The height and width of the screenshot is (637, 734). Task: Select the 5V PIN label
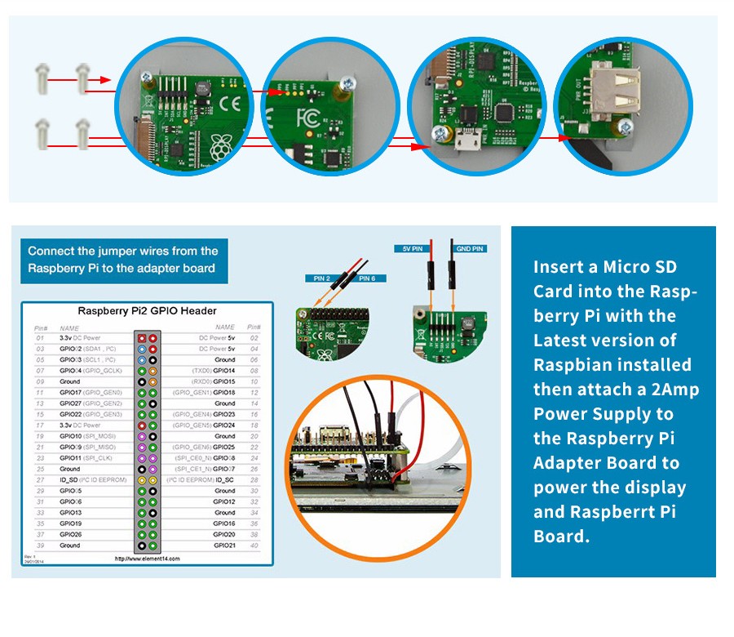(x=413, y=247)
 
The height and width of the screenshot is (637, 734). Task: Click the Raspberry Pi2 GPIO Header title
(x=147, y=310)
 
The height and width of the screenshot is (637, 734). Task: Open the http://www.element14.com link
(x=147, y=559)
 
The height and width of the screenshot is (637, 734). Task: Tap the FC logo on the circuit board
(x=311, y=114)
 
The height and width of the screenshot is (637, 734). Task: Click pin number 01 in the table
(x=39, y=337)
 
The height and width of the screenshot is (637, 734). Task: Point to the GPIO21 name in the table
(x=224, y=546)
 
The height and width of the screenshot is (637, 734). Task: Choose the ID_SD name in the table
(x=71, y=480)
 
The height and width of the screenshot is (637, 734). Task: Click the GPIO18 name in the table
(x=224, y=393)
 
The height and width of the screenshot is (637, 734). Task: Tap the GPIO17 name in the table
(x=71, y=393)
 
